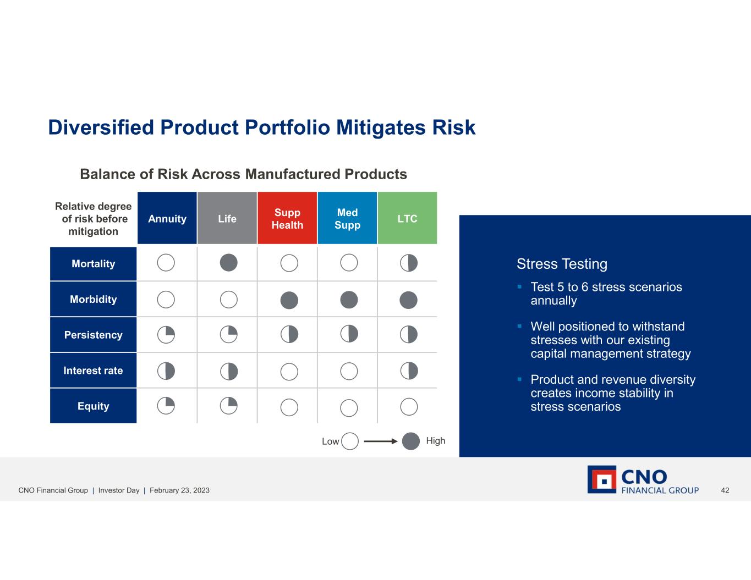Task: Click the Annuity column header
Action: pos(167,218)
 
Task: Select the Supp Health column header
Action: pos(287,218)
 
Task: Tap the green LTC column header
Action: pos(408,218)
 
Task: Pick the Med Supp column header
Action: pos(347,218)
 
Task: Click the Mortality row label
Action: pos(94,264)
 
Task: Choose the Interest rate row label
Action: pos(94,371)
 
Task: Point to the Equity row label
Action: pos(94,406)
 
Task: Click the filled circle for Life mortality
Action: pos(229,263)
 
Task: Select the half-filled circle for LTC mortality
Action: pos(409,263)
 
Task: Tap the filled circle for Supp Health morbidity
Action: pos(289,300)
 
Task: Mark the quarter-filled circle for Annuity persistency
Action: pos(166,335)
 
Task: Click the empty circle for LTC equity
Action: pos(409,407)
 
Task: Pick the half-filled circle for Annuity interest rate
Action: pos(166,371)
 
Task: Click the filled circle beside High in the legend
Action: pos(411,441)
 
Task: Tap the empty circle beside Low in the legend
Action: pos(350,441)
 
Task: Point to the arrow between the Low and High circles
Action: pos(381,441)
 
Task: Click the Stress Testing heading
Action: pos(562,264)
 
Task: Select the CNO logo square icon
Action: pos(602,479)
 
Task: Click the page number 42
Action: pos(725,490)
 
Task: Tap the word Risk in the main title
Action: pos(454,128)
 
